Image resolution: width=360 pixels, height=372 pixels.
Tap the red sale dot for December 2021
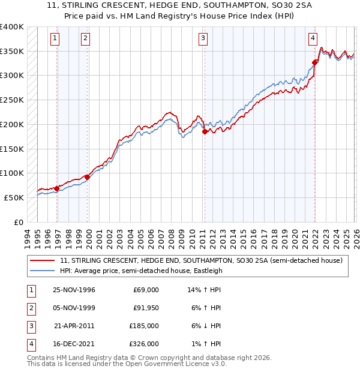point(315,62)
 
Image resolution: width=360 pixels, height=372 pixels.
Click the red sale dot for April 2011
point(205,131)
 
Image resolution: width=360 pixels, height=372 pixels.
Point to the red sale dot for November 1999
point(88,177)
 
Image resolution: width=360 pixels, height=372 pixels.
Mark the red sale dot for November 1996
point(57,188)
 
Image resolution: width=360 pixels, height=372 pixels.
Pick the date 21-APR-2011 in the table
point(74,326)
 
